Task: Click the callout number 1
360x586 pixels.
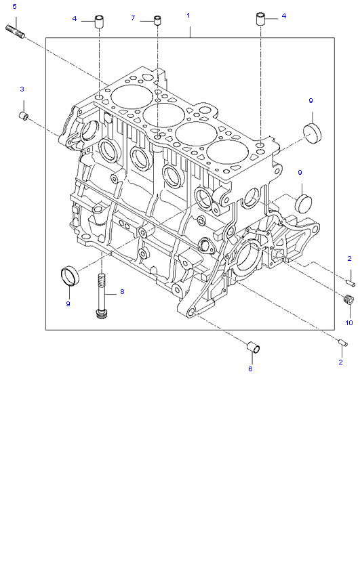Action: tap(188, 16)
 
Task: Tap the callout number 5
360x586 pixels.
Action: tap(15, 6)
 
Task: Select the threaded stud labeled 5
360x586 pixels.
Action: tap(15, 31)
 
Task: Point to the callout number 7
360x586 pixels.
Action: tap(133, 18)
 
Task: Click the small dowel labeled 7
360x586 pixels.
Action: tap(158, 20)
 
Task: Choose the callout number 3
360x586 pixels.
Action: tap(22, 89)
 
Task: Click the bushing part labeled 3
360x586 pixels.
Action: tap(24, 115)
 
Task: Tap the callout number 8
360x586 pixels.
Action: tap(122, 291)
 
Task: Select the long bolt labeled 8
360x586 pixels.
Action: tap(101, 296)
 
